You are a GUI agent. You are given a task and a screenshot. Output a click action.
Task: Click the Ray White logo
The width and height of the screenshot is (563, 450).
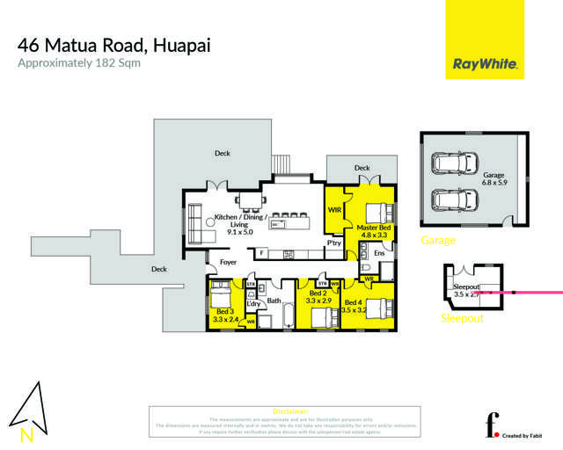(484, 63)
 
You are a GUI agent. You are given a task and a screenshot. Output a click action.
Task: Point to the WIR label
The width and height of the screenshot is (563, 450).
(334, 210)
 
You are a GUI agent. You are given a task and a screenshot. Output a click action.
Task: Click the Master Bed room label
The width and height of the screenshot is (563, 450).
(373, 231)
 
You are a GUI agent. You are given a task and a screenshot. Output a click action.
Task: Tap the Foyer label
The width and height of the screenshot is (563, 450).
(228, 261)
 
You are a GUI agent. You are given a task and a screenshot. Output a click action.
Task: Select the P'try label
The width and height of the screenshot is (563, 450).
(334, 243)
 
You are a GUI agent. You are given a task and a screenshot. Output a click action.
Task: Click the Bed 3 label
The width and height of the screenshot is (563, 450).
(225, 315)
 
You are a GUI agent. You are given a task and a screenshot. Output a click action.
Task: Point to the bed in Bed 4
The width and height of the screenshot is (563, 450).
(376, 308)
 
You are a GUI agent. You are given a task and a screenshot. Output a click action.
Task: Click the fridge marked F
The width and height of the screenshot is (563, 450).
(261, 253)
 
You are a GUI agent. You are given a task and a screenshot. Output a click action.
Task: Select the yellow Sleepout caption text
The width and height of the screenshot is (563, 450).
(462, 318)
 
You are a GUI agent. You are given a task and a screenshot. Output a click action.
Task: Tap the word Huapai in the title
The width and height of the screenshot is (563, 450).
(180, 44)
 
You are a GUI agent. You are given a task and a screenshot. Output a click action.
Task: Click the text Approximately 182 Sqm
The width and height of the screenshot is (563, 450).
(80, 63)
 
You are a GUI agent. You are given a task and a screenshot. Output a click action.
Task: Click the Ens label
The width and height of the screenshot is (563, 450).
(378, 253)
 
